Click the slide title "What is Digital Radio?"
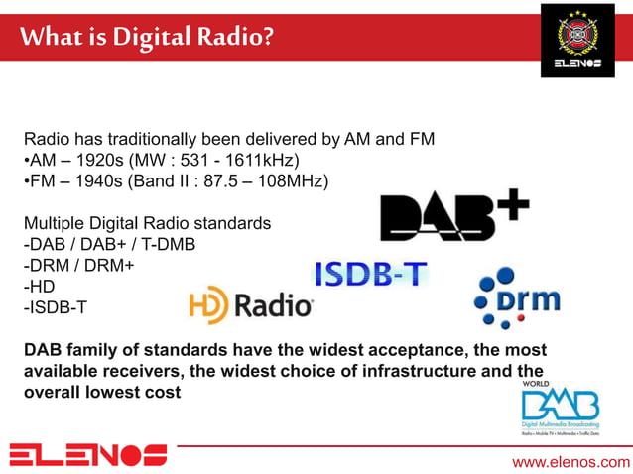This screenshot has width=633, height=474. [145, 38]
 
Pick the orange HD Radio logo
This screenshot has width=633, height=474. [251, 305]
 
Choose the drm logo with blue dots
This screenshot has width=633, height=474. [516, 297]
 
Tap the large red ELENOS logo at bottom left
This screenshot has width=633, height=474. [87, 456]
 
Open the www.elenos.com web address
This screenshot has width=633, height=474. [570, 462]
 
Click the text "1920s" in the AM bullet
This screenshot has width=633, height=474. [114, 160]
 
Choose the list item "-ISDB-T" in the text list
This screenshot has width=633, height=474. [55, 307]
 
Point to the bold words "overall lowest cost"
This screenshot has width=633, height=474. [102, 392]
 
